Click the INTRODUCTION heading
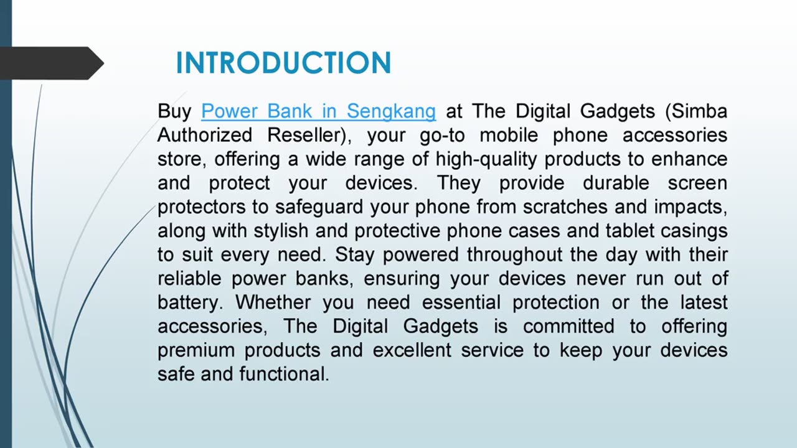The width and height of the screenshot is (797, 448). (283, 63)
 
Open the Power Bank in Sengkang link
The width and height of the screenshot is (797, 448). (318, 111)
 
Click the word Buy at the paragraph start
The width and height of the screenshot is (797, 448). (174, 111)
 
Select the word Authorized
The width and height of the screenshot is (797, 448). (205, 135)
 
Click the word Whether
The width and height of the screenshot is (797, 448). (273, 302)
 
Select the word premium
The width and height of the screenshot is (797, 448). (196, 350)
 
